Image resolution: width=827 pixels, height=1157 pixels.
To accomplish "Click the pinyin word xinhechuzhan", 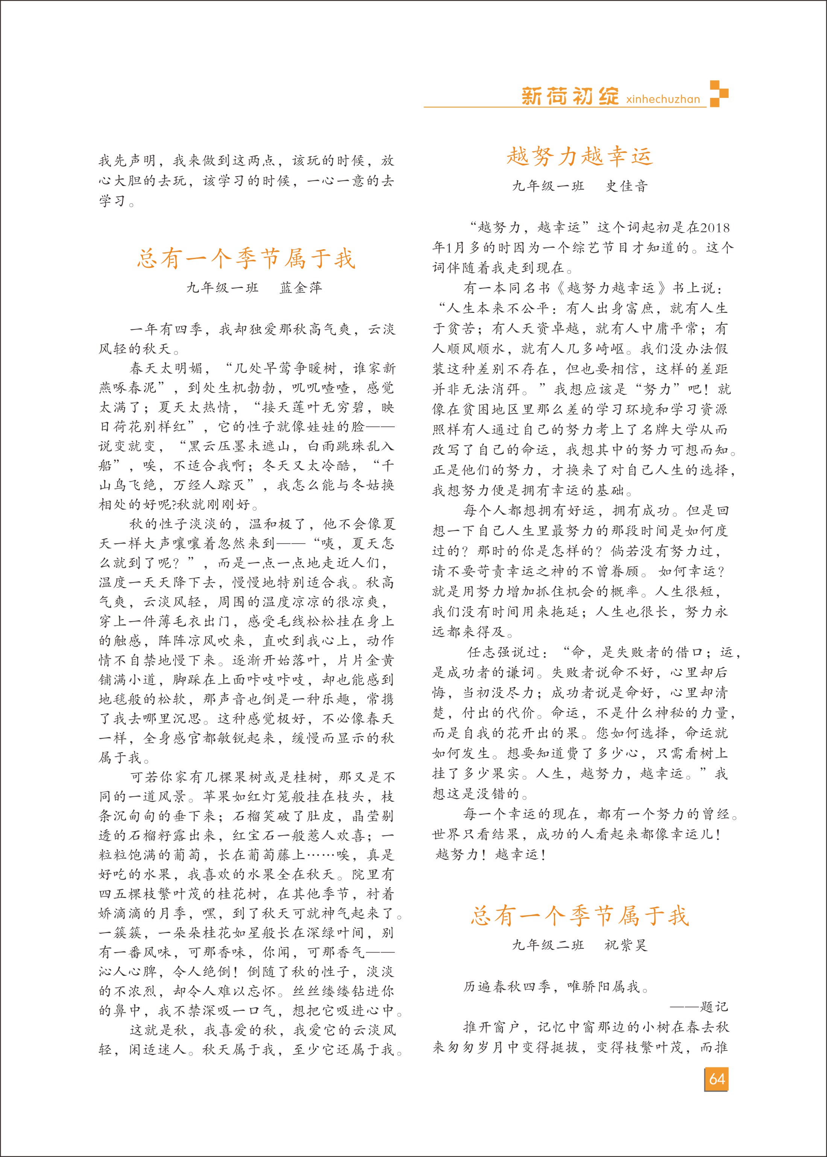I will tap(663, 99).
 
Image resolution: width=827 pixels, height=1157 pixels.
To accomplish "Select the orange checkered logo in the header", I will tap(719, 93).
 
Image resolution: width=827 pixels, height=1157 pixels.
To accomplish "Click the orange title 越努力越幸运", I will tap(579, 156).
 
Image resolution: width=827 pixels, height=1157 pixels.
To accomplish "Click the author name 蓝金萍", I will tap(301, 288).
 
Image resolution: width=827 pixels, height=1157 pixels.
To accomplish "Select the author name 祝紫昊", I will tap(626, 945).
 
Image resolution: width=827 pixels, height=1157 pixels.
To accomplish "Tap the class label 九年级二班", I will tap(548, 945).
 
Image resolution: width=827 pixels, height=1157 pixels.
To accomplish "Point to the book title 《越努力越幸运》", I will tap(611, 288).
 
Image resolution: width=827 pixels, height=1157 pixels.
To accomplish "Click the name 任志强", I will tap(489, 652).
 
